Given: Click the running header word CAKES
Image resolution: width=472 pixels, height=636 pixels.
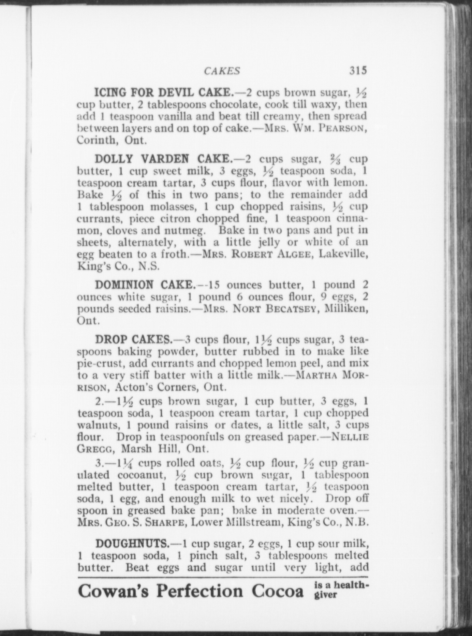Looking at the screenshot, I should (222, 71).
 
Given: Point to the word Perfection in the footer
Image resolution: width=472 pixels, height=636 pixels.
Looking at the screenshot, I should (199, 591).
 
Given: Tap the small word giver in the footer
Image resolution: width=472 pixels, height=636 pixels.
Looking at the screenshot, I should (325, 595).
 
